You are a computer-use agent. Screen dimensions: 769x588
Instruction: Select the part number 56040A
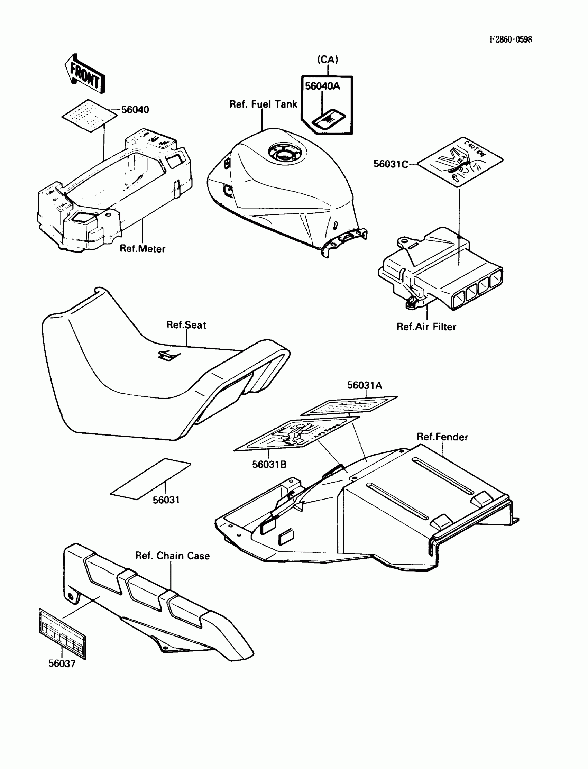point(322,86)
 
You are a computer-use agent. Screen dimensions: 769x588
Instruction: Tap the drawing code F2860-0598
point(511,39)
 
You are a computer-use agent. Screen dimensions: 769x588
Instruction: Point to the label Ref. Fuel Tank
point(263,104)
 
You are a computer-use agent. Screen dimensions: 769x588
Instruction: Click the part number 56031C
point(390,164)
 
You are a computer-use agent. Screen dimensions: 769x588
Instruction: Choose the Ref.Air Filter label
point(426,327)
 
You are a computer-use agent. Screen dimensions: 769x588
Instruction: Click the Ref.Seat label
point(186,325)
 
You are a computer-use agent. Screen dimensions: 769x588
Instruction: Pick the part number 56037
point(62,663)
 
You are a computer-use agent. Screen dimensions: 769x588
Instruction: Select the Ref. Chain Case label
point(172,556)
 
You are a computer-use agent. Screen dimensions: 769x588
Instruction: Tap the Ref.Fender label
point(442,437)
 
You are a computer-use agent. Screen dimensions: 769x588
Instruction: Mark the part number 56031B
point(269,465)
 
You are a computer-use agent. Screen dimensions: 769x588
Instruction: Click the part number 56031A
point(364,386)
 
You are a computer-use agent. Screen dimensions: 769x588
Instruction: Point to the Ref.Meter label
point(142,249)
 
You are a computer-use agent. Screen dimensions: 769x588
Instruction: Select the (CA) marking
point(328,60)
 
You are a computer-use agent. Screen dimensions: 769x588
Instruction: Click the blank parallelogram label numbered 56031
point(150,478)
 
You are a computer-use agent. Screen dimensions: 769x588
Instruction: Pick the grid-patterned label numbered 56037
point(62,633)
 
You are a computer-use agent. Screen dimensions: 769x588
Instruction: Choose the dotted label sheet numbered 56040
point(90,116)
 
